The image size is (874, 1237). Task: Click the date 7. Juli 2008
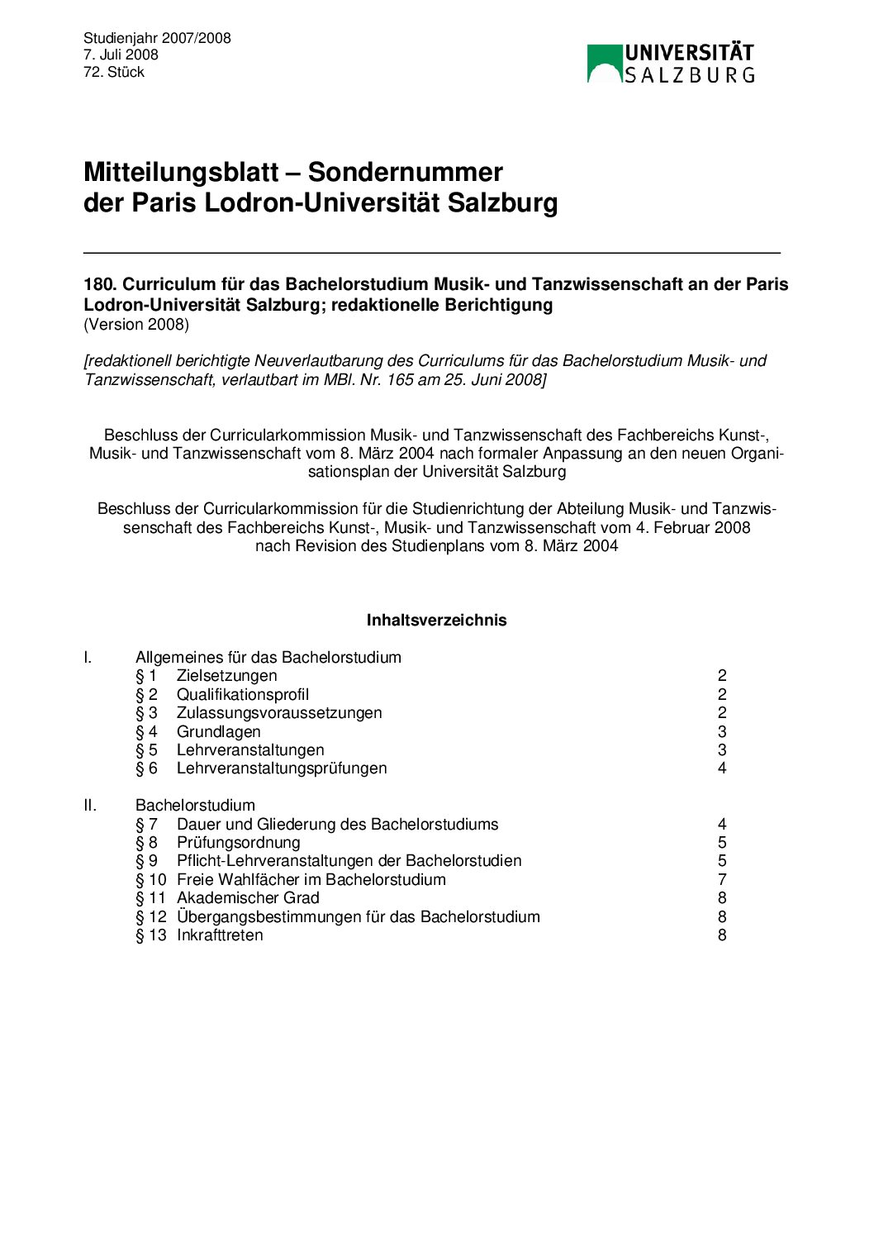pos(121,55)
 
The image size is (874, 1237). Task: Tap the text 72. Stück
pos(114,72)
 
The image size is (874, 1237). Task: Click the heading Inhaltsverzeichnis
pos(436,620)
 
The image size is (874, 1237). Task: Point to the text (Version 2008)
pos(136,324)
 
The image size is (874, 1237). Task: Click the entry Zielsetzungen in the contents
pos(226,676)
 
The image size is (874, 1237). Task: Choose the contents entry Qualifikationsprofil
pos(243,694)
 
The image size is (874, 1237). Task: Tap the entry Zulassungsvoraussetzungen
pos(279,712)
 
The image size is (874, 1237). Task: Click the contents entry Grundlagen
pos(218,731)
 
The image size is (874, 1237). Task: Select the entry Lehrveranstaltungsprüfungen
pos(282,768)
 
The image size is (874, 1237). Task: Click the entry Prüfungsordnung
pos(238,842)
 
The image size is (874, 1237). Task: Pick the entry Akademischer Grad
pos(248,897)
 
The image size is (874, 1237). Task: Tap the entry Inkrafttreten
pos(220,935)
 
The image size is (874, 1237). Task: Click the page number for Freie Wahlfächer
pos(722,879)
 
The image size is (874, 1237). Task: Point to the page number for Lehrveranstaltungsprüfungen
pos(722,768)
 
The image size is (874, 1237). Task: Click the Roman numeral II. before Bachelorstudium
pos(90,805)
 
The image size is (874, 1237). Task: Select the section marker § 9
pos(146,860)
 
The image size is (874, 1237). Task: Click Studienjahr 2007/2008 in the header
pos(157,38)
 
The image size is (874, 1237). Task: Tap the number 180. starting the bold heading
pos(100,284)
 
